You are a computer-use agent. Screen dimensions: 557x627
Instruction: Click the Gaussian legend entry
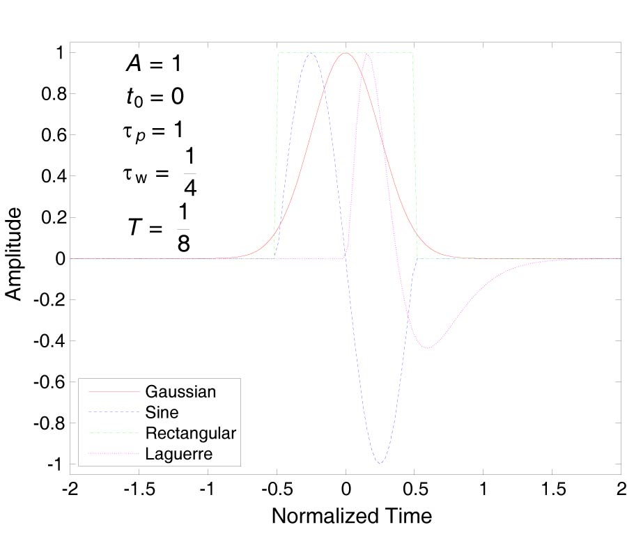click(180, 391)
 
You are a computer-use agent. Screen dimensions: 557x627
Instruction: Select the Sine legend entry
click(162, 412)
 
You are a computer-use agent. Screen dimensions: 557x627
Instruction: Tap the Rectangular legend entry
click(191, 433)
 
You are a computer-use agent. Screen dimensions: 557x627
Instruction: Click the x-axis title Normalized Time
click(351, 516)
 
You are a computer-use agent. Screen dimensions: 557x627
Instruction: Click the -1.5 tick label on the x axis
click(138, 489)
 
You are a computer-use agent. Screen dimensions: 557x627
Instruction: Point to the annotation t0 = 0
click(155, 97)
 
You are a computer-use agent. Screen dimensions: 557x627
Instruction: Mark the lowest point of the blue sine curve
click(380, 463)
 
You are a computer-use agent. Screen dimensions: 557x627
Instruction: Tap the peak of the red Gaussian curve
click(346, 53)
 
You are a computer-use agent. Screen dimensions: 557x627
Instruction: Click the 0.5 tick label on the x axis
click(414, 489)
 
